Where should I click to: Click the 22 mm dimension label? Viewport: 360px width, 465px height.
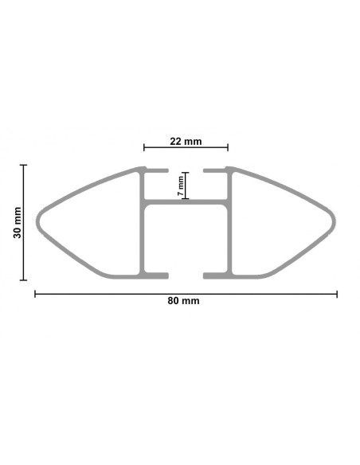186,142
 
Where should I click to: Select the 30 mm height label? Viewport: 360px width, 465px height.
17,222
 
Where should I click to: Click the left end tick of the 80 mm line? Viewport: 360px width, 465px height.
35,294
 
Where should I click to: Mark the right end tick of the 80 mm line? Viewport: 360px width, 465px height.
337,294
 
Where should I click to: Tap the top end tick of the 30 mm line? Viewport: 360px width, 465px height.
25,166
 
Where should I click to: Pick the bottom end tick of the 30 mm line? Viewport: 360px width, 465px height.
25,279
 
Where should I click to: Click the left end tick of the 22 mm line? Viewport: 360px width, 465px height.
144,147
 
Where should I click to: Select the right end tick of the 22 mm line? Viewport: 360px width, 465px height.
228,147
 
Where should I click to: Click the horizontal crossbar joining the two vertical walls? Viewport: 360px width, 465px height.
186,201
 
